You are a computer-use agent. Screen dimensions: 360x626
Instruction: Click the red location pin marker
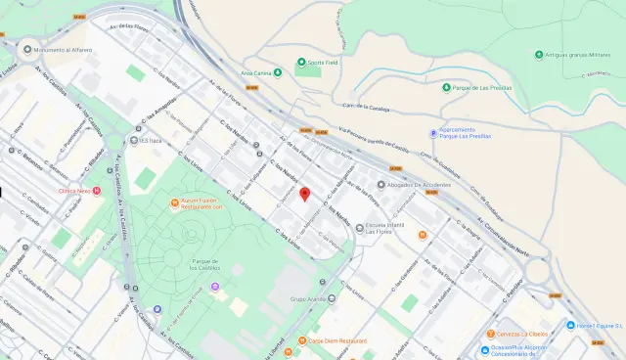[304, 194]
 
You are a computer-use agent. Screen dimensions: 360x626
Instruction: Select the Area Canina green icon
[276, 72]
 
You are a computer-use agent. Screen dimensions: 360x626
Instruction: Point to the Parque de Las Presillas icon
[446, 87]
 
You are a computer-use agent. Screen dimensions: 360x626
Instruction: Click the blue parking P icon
[434, 133]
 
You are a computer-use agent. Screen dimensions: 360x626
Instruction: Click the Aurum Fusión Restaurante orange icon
[174, 204]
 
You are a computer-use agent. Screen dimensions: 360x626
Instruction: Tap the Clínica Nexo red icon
[96, 190]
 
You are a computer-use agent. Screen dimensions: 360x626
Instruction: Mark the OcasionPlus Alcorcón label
[517, 350]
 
